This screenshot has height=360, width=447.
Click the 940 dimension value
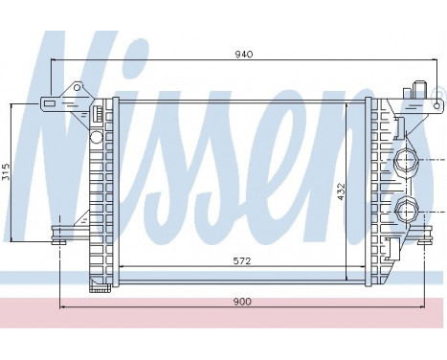(243, 56)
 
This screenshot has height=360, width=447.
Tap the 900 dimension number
(241, 302)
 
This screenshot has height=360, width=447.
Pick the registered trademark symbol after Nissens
(438, 94)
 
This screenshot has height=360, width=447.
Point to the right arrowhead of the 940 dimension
(420, 61)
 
